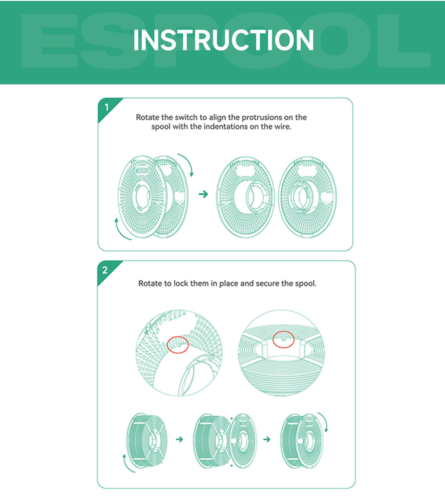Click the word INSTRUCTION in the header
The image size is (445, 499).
point(223,40)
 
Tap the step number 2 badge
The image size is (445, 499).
point(105,270)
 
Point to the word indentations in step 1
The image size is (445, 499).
point(227,127)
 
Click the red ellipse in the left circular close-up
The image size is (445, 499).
point(178,344)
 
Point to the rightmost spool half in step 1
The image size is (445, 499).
point(307,196)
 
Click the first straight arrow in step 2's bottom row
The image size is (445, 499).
point(179,440)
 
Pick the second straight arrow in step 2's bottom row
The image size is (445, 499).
point(266,440)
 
